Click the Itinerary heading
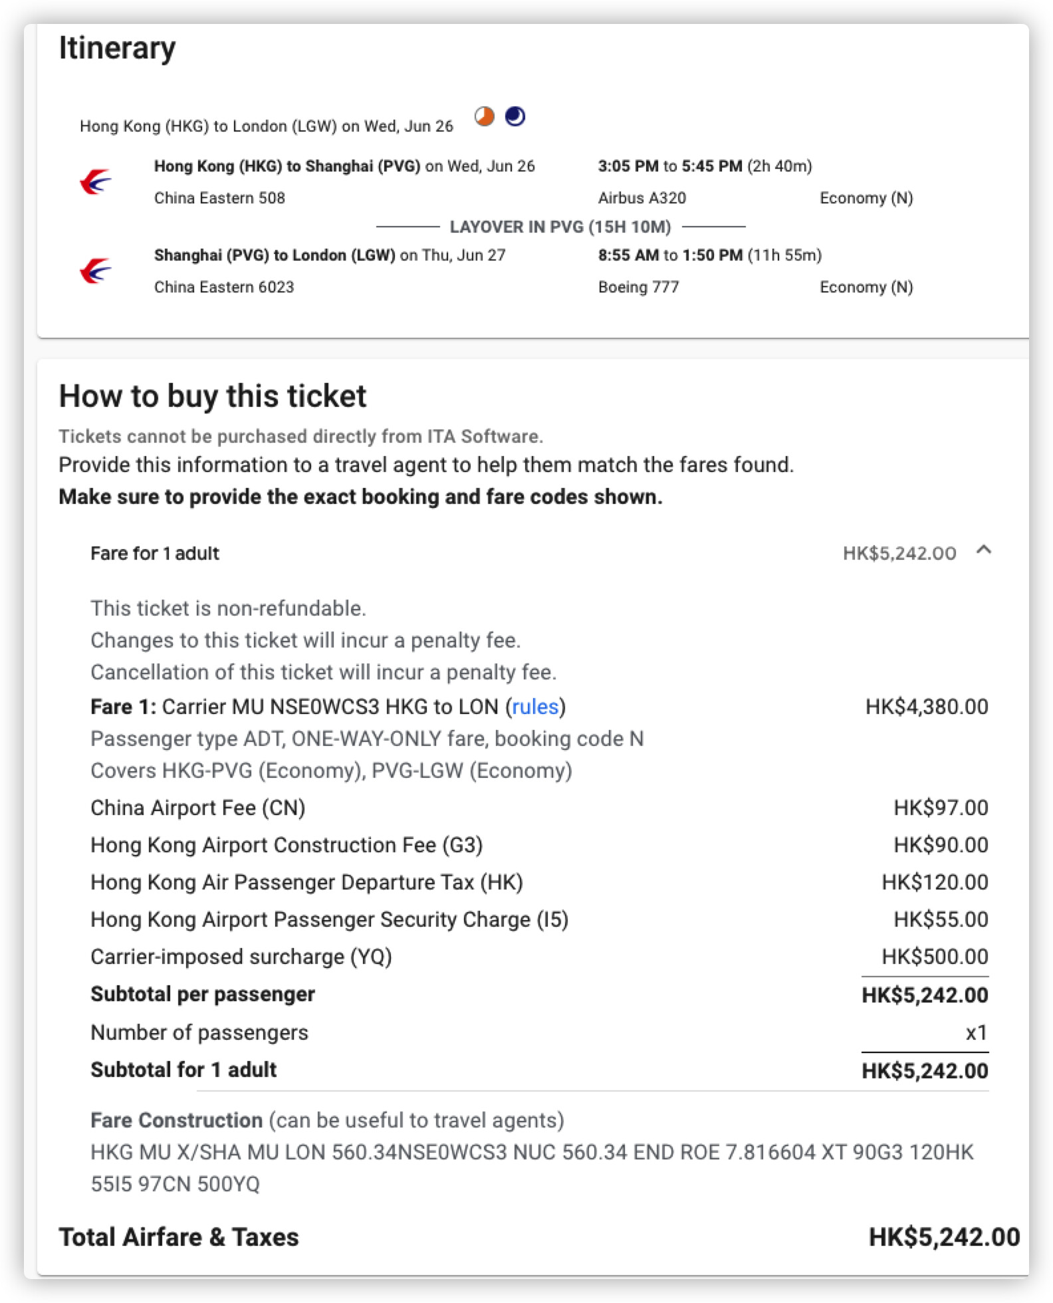pos(117,48)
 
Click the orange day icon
pos(485,117)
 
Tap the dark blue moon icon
pos(515,116)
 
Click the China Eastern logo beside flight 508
pos(96,181)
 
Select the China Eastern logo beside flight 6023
pos(96,271)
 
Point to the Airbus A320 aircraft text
pos(642,198)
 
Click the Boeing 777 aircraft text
pos(638,287)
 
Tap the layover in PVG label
pos(560,227)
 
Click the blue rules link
pos(535,707)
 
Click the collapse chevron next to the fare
pos(984,550)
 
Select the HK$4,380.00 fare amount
pos(926,707)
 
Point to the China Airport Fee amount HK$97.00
pos(940,808)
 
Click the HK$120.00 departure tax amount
pos(935,882)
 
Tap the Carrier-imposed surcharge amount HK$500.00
pos(935,957)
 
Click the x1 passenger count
pos(976,1032)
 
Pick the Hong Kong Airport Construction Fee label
pos(287,845)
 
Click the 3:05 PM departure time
pos(628,166)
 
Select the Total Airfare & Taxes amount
pos(944,1237)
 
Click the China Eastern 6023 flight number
pos(224,287)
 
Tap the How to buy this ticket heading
pos(213,396)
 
